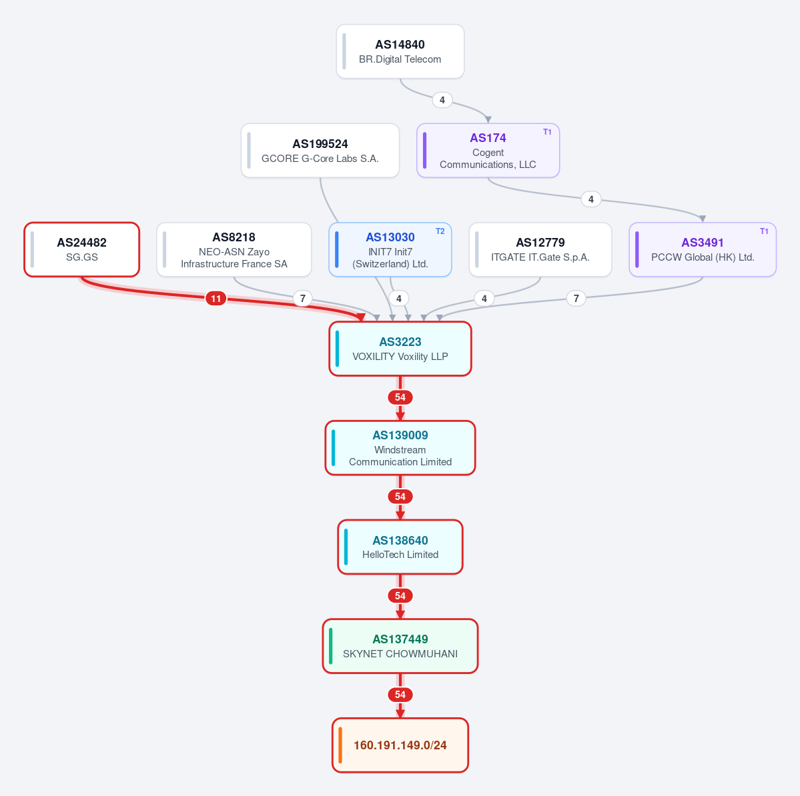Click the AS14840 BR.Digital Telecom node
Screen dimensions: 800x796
400,51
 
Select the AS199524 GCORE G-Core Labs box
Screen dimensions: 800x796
320,151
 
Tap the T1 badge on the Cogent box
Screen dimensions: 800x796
547,132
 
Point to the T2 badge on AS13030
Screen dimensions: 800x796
440,231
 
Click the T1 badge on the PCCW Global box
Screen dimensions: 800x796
764,231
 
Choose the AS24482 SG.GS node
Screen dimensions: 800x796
81,249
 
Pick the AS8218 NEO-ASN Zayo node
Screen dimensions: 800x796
234,250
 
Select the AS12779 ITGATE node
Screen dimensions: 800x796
540,250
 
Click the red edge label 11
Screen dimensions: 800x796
216,299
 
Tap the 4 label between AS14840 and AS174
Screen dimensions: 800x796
442,100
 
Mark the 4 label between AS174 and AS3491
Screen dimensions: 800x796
590,199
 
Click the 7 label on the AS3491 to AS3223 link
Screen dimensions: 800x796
576,298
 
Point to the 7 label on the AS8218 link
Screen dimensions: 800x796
302,298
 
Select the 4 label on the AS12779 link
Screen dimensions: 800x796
484,298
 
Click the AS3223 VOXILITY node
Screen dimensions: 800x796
400,349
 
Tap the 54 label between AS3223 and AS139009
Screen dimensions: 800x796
400,397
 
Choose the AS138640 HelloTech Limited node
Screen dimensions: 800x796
400,547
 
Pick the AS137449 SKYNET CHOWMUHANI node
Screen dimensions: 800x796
400,646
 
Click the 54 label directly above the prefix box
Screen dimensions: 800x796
400,695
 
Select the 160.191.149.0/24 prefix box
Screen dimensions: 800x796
400,745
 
